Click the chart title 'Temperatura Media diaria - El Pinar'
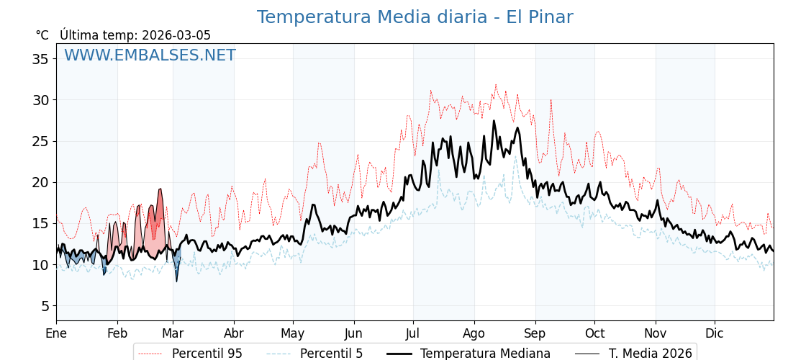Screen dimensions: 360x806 (415, 17)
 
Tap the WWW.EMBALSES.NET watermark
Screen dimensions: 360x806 (150, 55)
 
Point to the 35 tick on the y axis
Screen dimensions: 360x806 (40, 59)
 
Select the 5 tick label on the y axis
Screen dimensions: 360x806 (44, 306)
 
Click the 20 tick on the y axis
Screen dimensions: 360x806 (40, 182)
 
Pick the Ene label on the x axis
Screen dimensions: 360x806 (56, 334)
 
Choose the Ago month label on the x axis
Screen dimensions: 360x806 (474, 334)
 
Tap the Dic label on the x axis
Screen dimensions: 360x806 (715, 334)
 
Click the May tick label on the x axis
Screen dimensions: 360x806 (293, 334)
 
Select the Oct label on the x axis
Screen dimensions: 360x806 (594, 334)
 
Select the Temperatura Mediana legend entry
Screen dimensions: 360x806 (468, 354)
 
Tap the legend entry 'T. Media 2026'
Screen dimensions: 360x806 (634, 354)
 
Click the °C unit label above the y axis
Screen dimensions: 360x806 (42, 35)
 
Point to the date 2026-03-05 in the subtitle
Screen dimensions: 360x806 (176, 35)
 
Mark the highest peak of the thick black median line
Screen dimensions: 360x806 (494, 121)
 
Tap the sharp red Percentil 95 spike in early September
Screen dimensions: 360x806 (551, 101)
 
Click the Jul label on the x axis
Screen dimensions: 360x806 (413, 334)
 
